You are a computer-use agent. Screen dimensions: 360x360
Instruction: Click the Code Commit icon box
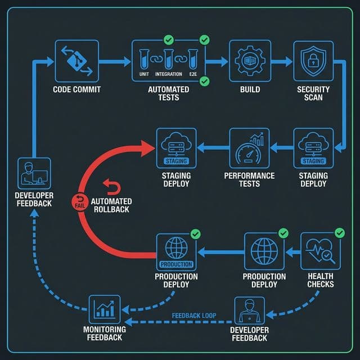77,61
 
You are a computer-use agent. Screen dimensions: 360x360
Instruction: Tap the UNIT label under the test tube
146,74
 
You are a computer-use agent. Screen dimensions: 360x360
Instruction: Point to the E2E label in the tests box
194,74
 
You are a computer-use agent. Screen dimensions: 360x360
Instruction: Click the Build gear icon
249,61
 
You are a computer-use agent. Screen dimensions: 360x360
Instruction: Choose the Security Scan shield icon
313,61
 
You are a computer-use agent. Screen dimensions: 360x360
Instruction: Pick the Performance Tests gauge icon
249,149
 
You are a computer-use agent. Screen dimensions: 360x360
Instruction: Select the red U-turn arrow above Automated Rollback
109,186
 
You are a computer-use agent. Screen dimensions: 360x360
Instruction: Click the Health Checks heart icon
321,250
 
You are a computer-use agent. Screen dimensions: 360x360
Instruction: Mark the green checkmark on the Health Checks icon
339,232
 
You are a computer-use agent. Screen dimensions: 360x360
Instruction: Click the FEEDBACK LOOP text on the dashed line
194,316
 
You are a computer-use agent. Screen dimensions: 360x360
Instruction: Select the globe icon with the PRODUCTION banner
176,251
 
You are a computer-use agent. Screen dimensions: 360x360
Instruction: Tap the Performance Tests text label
249,179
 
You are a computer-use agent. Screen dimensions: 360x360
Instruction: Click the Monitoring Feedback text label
105,334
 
